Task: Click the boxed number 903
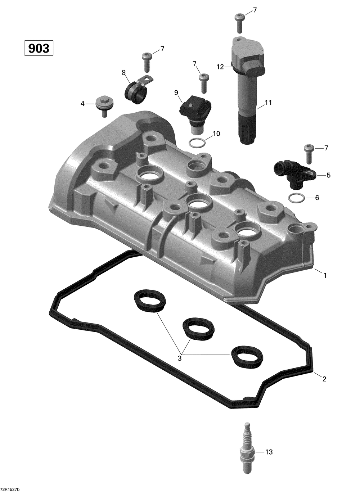click(39, 48)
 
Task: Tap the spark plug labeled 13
click(247, 446)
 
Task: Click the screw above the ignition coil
click(239, 22)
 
